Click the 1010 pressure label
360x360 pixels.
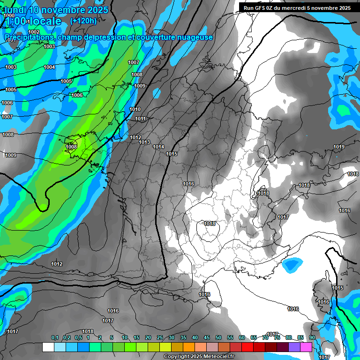click(135, 109)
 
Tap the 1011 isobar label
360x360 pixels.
click(141, 119)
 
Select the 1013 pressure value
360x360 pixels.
click(144, 142)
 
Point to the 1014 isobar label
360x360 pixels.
click(158, 147)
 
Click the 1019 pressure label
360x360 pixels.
click(339, 147)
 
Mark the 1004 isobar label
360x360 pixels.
click(49, 67)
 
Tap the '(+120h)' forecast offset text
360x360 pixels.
click(83, 21)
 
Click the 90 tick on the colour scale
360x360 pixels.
click(312, 337)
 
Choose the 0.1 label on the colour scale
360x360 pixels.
click(55, 337)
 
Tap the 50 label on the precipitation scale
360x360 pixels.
click(218, 337)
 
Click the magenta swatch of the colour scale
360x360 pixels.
click(306, 347)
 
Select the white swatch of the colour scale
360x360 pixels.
click(48, 347)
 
